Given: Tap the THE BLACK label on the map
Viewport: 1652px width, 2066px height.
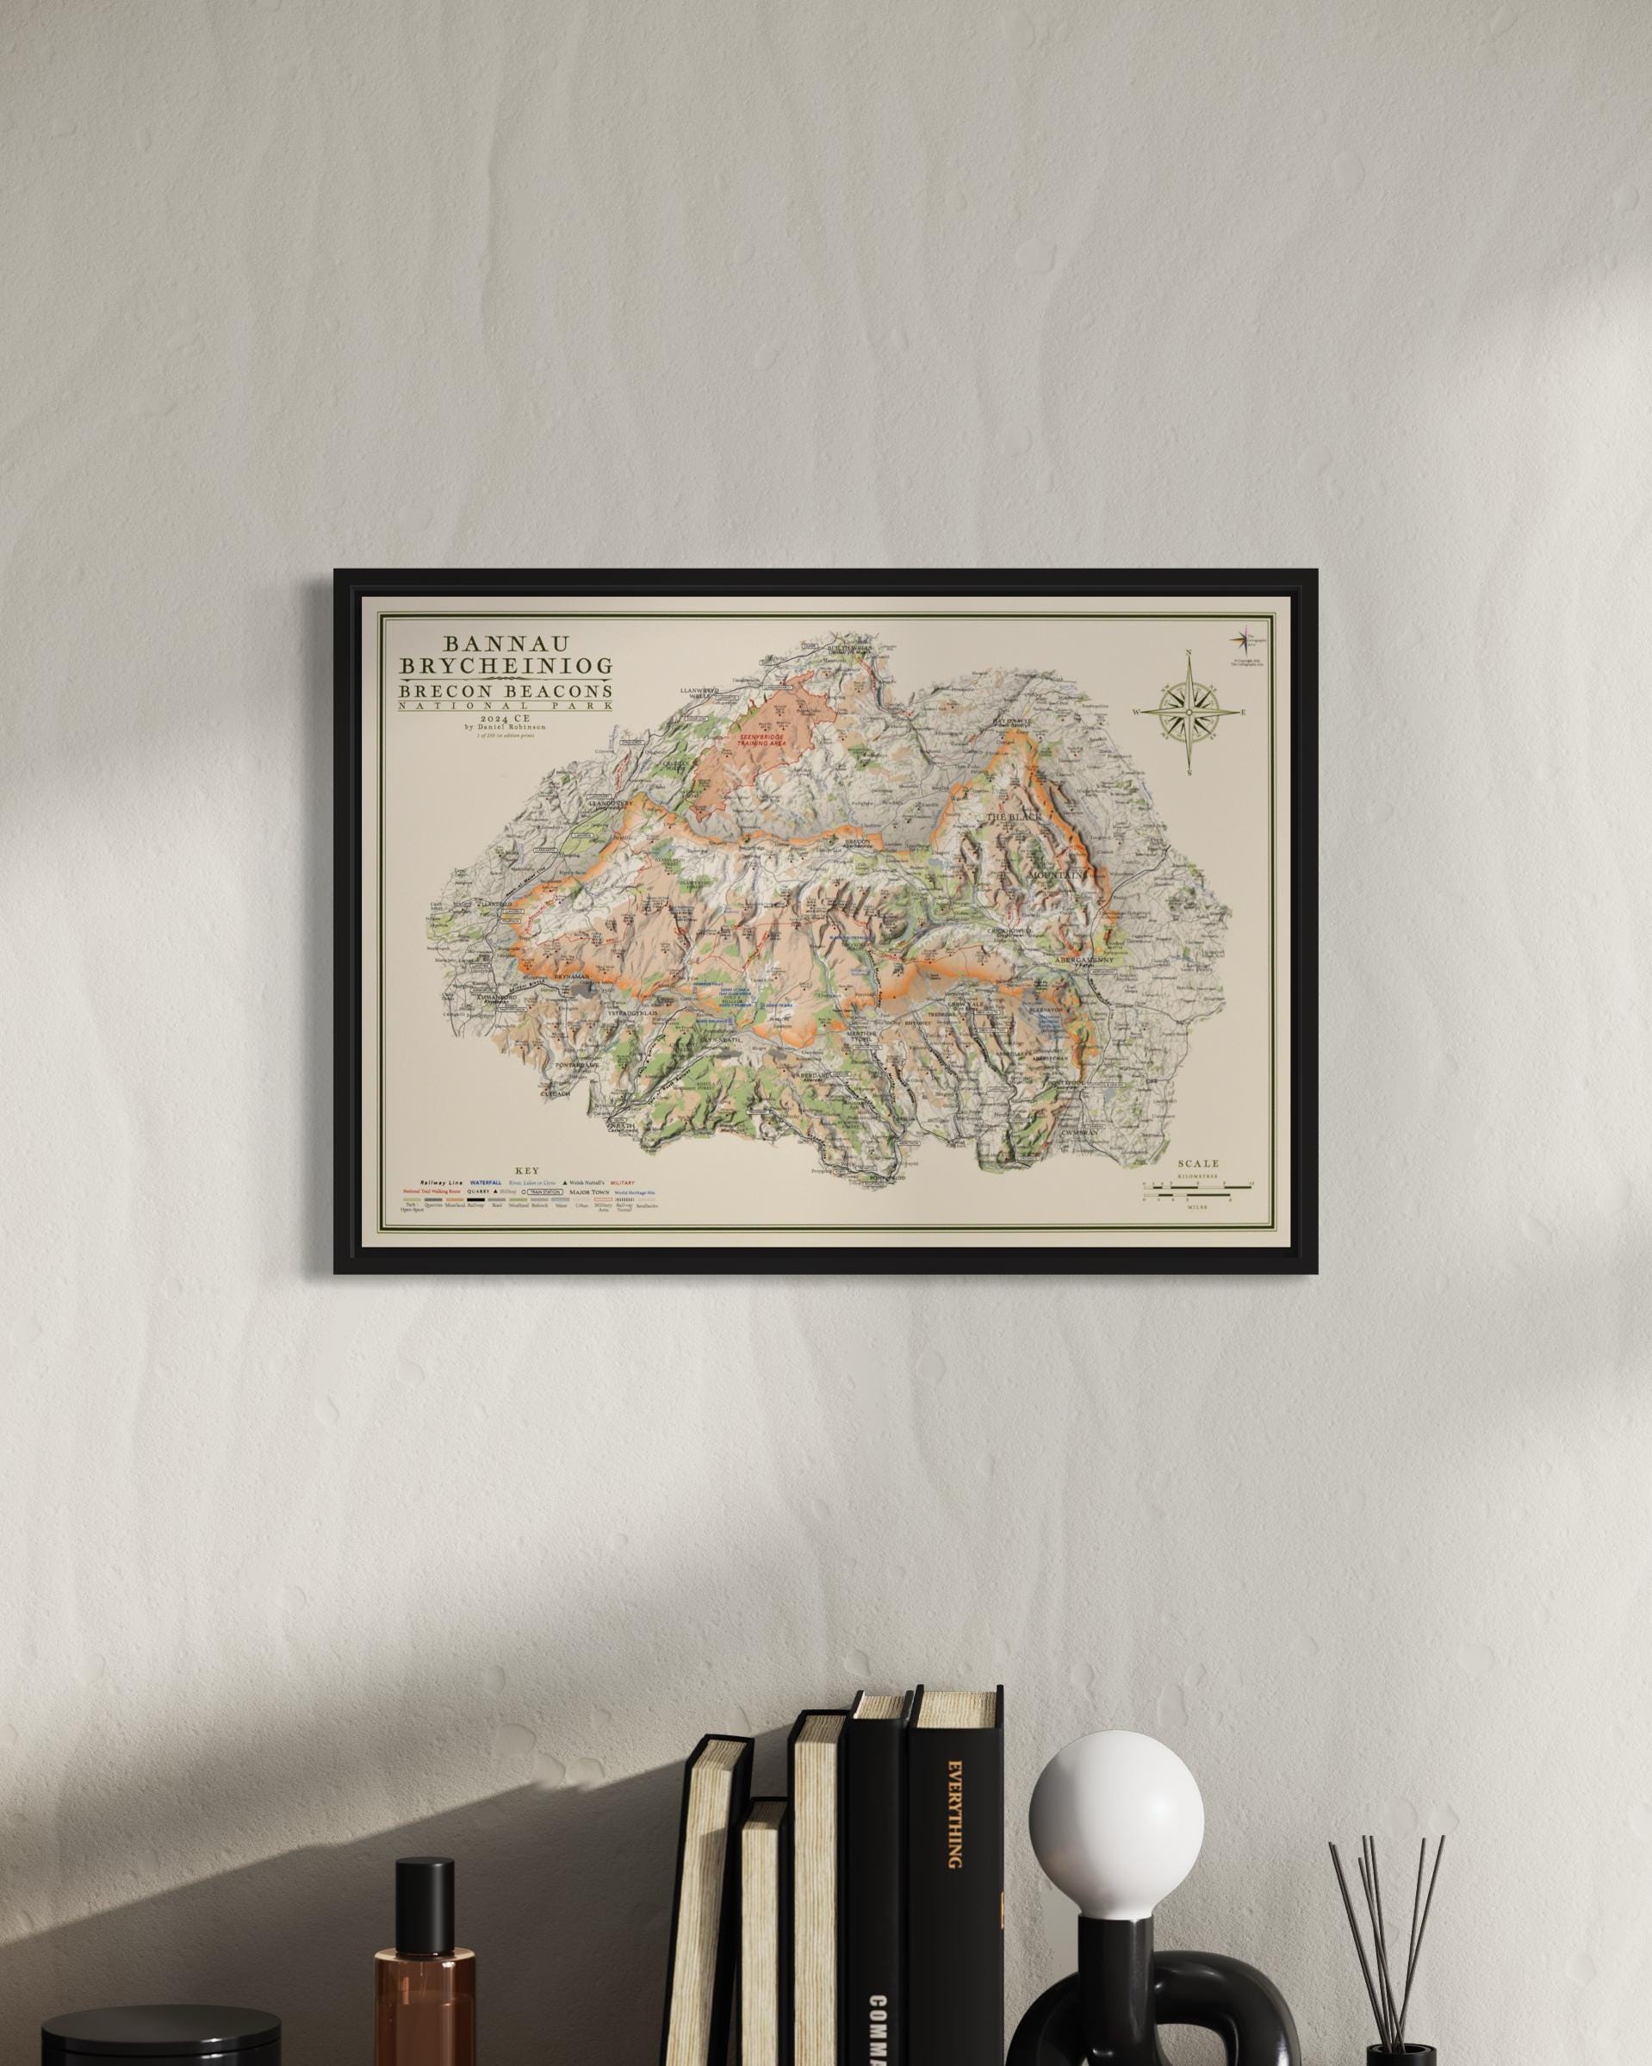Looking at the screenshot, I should click(x=1013, y=817).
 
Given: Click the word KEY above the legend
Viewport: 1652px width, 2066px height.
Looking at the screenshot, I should click(x=527, y=1171).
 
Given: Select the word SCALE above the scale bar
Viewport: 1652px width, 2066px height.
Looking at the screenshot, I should click(x=1199, y=1164).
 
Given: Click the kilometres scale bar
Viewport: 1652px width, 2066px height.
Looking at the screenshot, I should click(x=1198, y=1186).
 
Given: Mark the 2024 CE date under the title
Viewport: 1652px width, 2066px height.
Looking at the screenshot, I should click(x=500, y=716).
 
